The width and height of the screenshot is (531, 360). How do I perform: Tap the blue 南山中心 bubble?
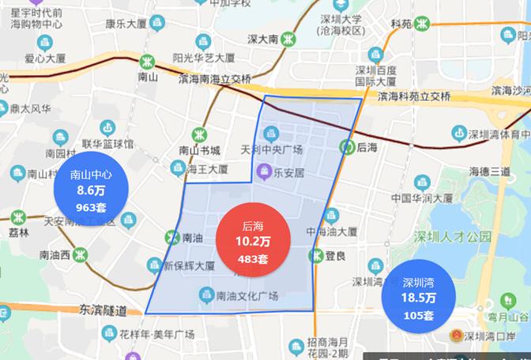point(92,190)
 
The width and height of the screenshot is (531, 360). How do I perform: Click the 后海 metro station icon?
point(346,146)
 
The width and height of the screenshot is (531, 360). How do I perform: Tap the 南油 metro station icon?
point(173,236)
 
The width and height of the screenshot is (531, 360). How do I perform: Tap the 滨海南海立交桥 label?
point(214,79)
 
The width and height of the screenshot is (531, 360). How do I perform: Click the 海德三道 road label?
point(490,171)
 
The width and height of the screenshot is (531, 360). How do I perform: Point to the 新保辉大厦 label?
point(189,266)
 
